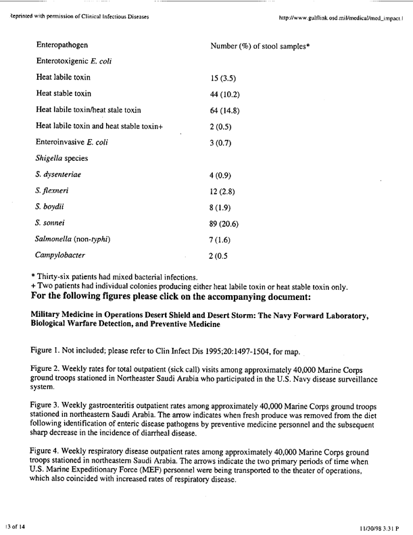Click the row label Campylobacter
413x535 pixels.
point(60,255)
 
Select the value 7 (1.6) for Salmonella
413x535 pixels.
point(222,240)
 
